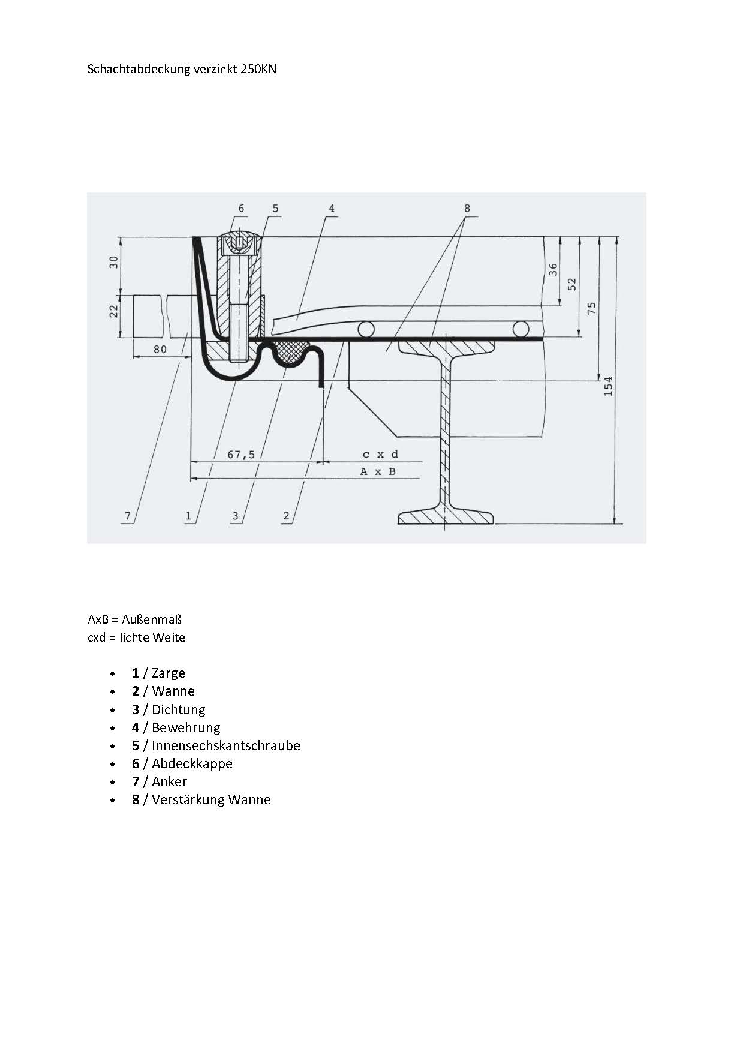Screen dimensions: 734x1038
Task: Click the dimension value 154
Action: [x=608, y=386]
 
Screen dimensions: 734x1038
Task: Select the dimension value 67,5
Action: [x=241, y=455]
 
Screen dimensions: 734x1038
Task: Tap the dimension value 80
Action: [x=160, y=350]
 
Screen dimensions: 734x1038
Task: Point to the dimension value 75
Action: [x=591, y=308]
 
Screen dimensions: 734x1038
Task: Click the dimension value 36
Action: [x=553, y=270]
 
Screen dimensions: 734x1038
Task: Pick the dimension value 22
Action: [x=113, y=311]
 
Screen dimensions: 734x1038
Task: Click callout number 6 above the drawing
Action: [x=242, y=208]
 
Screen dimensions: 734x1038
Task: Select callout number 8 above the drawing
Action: [x=467, y=208]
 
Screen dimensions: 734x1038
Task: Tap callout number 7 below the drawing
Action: [x=127, y=516]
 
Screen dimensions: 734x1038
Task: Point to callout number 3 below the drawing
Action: [x=236, y=516]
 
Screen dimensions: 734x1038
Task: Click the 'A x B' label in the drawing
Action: [x=378, y=471]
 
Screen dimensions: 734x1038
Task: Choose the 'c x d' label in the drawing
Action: [x=380, y=455]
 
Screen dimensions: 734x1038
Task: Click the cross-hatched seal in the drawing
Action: [x=291, y=351]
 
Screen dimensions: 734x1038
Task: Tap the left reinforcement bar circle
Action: [x=365, y=329]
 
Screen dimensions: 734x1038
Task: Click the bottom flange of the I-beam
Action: [x=446, y=516]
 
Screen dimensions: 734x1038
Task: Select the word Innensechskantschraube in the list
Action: [x=226, y=745]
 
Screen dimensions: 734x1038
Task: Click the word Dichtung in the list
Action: [x=179, y=709]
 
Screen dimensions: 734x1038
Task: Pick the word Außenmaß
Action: [x=152, y=619]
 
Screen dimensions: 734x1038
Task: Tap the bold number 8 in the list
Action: [x=136, y=799]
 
